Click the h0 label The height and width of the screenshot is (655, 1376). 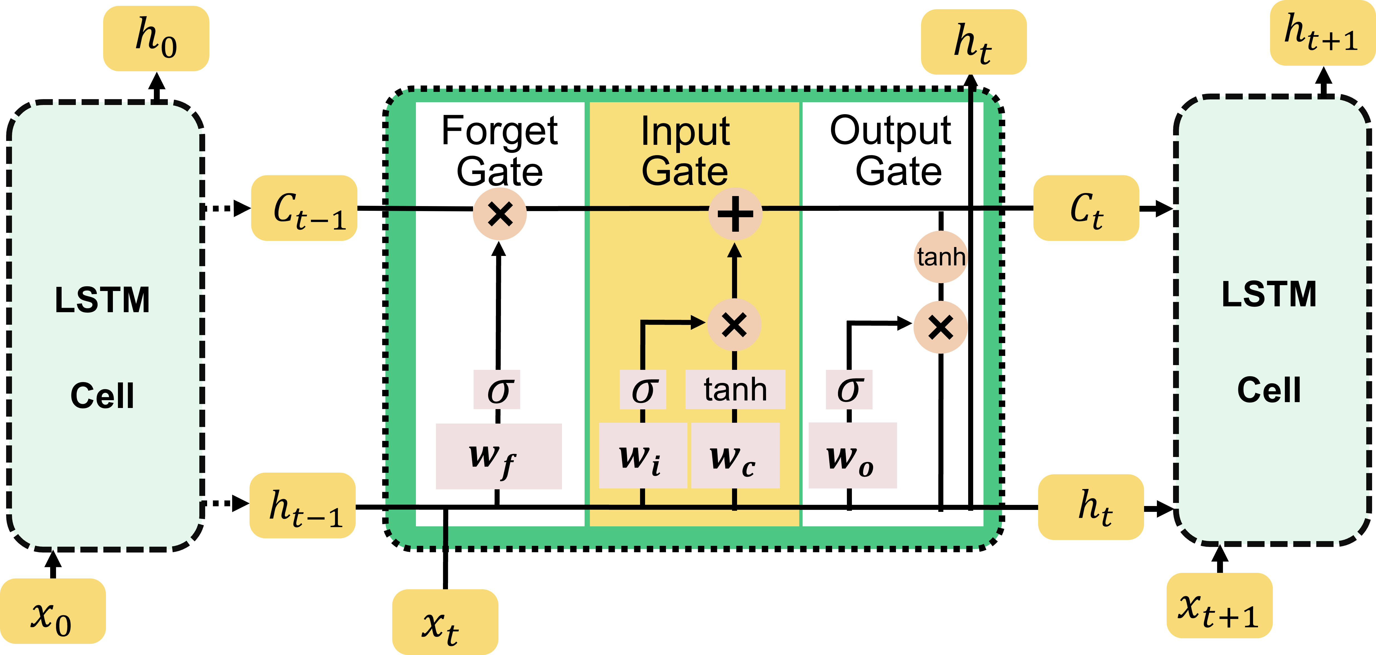pos(156,38)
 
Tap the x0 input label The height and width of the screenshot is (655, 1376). pos(52,611)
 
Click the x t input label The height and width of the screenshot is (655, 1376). pos(445,622)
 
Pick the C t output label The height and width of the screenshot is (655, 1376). pos(1086,208)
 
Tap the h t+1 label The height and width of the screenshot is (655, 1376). pos(1322,33)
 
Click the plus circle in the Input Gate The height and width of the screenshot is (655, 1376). pos(735,214)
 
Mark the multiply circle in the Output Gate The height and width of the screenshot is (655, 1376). pos(941,327)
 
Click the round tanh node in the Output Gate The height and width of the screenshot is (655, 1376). pos(941,257)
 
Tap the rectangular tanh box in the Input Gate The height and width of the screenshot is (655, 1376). pos(735,390)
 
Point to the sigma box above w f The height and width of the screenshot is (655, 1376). pos(497,390)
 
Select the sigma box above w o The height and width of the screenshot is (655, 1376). pos(849,390)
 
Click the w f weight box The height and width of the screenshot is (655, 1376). pos(498,456)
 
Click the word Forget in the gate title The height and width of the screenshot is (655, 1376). pos(500,131)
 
